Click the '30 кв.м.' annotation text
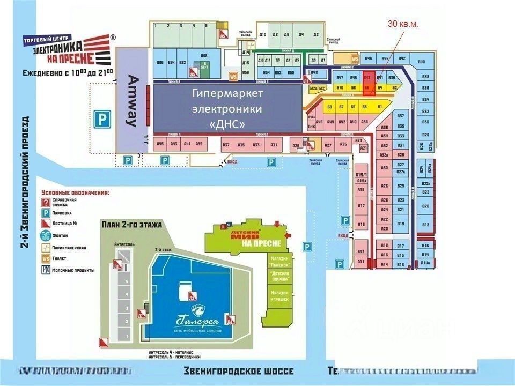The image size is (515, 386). (402, 24)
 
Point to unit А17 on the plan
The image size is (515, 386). (361, 206)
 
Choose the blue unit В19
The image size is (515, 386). (400, 224)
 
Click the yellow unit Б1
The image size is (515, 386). (380, 107)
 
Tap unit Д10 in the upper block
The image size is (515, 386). (263, 35)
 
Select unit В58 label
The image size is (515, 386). (204, 56)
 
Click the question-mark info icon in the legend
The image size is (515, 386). (46, 201)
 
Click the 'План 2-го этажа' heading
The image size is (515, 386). (131, 225)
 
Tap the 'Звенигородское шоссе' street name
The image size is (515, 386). (239, 371)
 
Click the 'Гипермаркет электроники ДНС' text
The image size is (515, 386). (227, 109)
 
